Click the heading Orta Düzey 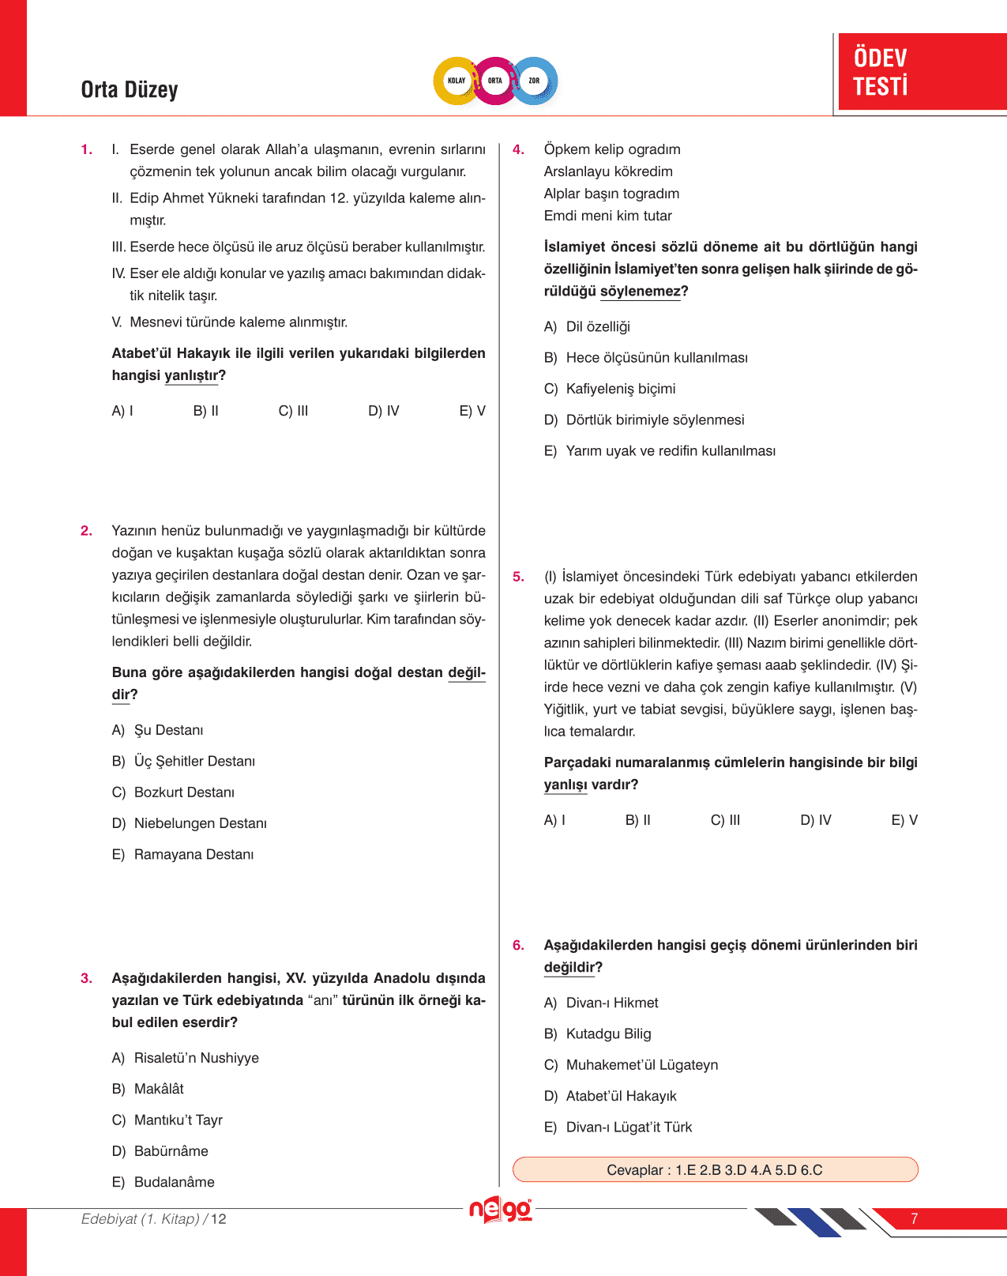click(130, 90)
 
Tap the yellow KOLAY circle click(457, 81)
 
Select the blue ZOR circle click(535, 81)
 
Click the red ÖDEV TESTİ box click(921, 72)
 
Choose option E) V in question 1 click(472, 411)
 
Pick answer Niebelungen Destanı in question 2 click(200, 823)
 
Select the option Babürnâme click(171, 1151)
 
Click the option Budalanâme click(174, 1182)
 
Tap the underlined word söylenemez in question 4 click(640, 292)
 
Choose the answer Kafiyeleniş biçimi click(620, 389)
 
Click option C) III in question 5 click(725, 820)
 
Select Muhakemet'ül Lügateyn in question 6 click(641, 1065)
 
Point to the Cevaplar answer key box click(715, 1169)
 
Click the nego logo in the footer click(501, 1210)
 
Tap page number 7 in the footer click(914, 1219)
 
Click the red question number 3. click(86, 979)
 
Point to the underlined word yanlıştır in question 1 click(191, 376)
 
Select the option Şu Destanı click(168, 730)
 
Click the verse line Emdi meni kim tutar click(607, 216)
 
